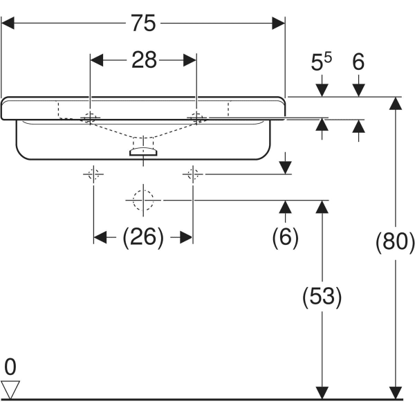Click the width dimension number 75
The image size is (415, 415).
[x=144, y=24]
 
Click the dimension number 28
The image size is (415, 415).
[x=144, y=60]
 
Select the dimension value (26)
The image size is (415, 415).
[x=143, y=238]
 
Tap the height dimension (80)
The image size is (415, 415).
[x=395, y=242]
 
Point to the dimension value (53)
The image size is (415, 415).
[x=322, y=297]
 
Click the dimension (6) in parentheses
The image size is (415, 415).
[x=284, y=238]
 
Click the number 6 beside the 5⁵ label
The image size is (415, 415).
[x=358, y=63]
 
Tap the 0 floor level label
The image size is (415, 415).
[x=10, y=366]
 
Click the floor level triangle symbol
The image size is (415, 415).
[x=10, y=389]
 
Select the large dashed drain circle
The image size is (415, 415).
[x=142, y=200]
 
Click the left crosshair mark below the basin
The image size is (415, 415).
[x=93, y=174]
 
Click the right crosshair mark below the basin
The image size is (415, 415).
[x=193, y=174]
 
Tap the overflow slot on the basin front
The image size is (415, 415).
[x=144, y=150]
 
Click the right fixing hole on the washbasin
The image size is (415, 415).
[x=198, y=118]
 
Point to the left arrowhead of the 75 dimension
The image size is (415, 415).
[x=8, y=24]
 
